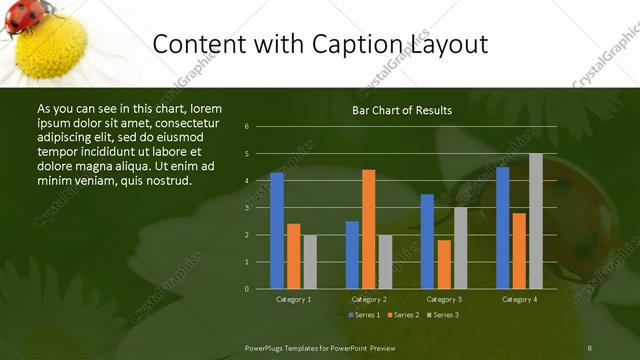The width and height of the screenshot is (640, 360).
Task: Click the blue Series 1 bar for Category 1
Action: point(277,230)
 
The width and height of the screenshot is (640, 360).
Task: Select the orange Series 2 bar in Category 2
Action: point(369,229)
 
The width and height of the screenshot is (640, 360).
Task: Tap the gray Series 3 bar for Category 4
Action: point(536,221)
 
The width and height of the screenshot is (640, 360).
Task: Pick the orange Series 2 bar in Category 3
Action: point(444,264)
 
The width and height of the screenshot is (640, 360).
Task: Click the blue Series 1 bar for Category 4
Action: point(502,227)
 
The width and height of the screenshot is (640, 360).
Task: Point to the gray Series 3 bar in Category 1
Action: point(310,261)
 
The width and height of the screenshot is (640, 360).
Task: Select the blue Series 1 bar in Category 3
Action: point(427,241)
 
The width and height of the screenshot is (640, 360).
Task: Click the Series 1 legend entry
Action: point(363,315)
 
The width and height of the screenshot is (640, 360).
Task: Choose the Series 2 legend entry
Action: point(402,315)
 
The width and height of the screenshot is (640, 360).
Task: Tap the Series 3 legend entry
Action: point(441,315)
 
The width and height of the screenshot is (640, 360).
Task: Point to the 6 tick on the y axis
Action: point(246,126)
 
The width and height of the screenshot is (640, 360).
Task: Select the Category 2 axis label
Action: point(369,299)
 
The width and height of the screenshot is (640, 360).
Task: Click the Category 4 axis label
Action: point(519,299)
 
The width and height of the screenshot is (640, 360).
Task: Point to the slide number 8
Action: point(590,346)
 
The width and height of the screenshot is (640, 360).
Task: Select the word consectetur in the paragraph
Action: point(179,121)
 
